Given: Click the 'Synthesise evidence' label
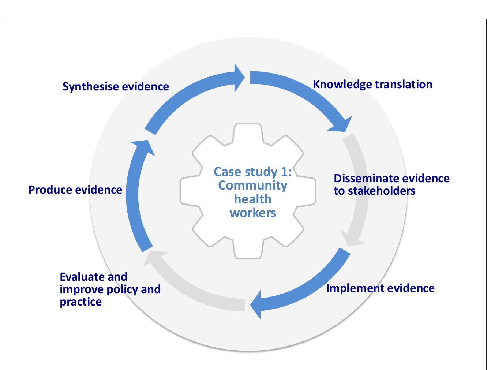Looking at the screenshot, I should (x=116, y=87).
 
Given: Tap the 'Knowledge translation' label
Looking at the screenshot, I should (x=372, y=85).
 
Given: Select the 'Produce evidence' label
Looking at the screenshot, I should (x=75, y=190).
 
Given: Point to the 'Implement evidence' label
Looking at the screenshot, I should (x=380, y=288).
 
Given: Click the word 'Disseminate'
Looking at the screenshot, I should (x=366, y=179).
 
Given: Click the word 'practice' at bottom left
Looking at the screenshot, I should (x=80, y=302).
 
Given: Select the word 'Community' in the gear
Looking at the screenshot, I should (x=252, y=185).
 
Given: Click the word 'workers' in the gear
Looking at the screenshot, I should (x=252, y=213).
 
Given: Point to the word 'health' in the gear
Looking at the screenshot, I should (x=252, y=199).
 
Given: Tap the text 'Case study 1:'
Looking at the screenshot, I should (x=252, y=171).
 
